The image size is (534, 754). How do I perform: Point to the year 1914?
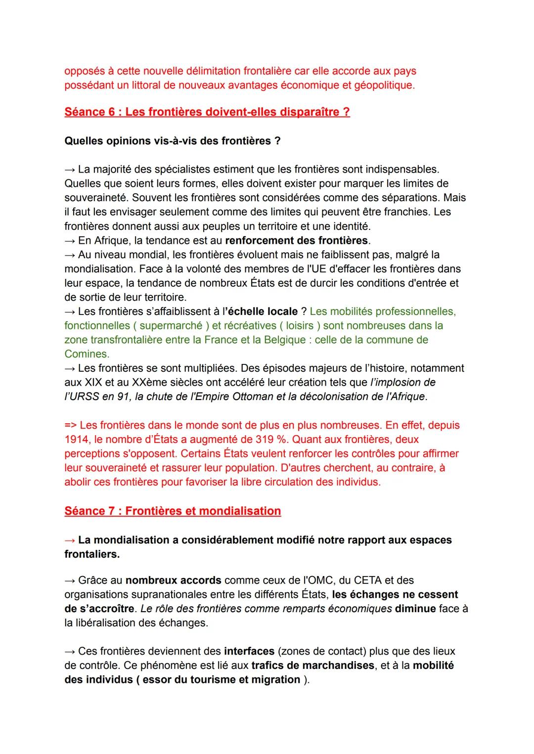tap(77, 439)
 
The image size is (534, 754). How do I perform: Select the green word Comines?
tap(86, 354)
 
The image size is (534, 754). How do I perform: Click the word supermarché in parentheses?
tap(171, 325)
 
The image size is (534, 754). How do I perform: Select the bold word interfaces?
tap(249, 651)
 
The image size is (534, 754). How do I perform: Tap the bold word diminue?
tap(415, 608)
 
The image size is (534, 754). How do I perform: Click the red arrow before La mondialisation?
tap(70, 540)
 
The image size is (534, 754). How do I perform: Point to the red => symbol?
tap(70, 425)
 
